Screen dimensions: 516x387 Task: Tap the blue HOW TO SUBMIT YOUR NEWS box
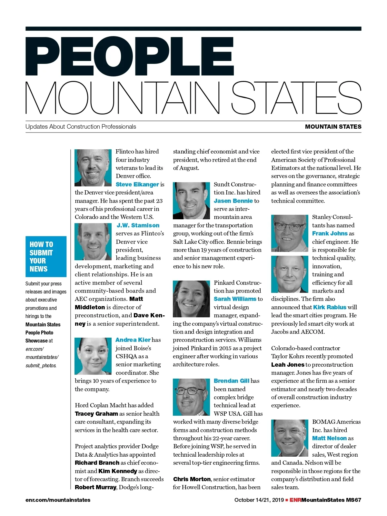click(46, 256)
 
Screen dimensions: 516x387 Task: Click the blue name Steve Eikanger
click(137, 184)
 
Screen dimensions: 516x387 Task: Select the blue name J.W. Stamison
click(138, 225)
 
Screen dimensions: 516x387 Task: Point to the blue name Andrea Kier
click(133, 340)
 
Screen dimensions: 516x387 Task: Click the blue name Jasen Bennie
click(233, 201)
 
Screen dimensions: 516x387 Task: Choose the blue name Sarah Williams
click(235, 299)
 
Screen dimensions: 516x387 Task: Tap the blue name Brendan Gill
click(232, 381)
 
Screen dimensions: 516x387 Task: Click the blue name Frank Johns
click(330, 233)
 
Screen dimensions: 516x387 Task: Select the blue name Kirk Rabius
click(330, 307)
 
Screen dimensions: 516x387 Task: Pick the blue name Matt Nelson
click(329, 438)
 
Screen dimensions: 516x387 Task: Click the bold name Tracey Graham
click(96, 414)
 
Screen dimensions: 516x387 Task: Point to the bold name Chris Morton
click(192, 479)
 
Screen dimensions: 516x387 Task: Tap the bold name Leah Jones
click(288, 365)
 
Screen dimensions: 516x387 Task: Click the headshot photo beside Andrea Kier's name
click(93, 356)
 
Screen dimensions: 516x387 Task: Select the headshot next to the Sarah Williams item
click(191, 299)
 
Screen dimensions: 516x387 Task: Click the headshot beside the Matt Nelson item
click(289, 438)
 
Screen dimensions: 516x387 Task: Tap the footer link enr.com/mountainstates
click(58, 500)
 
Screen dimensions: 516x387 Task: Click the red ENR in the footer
click(295, 500)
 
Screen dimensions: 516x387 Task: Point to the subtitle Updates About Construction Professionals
click(81, 127)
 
